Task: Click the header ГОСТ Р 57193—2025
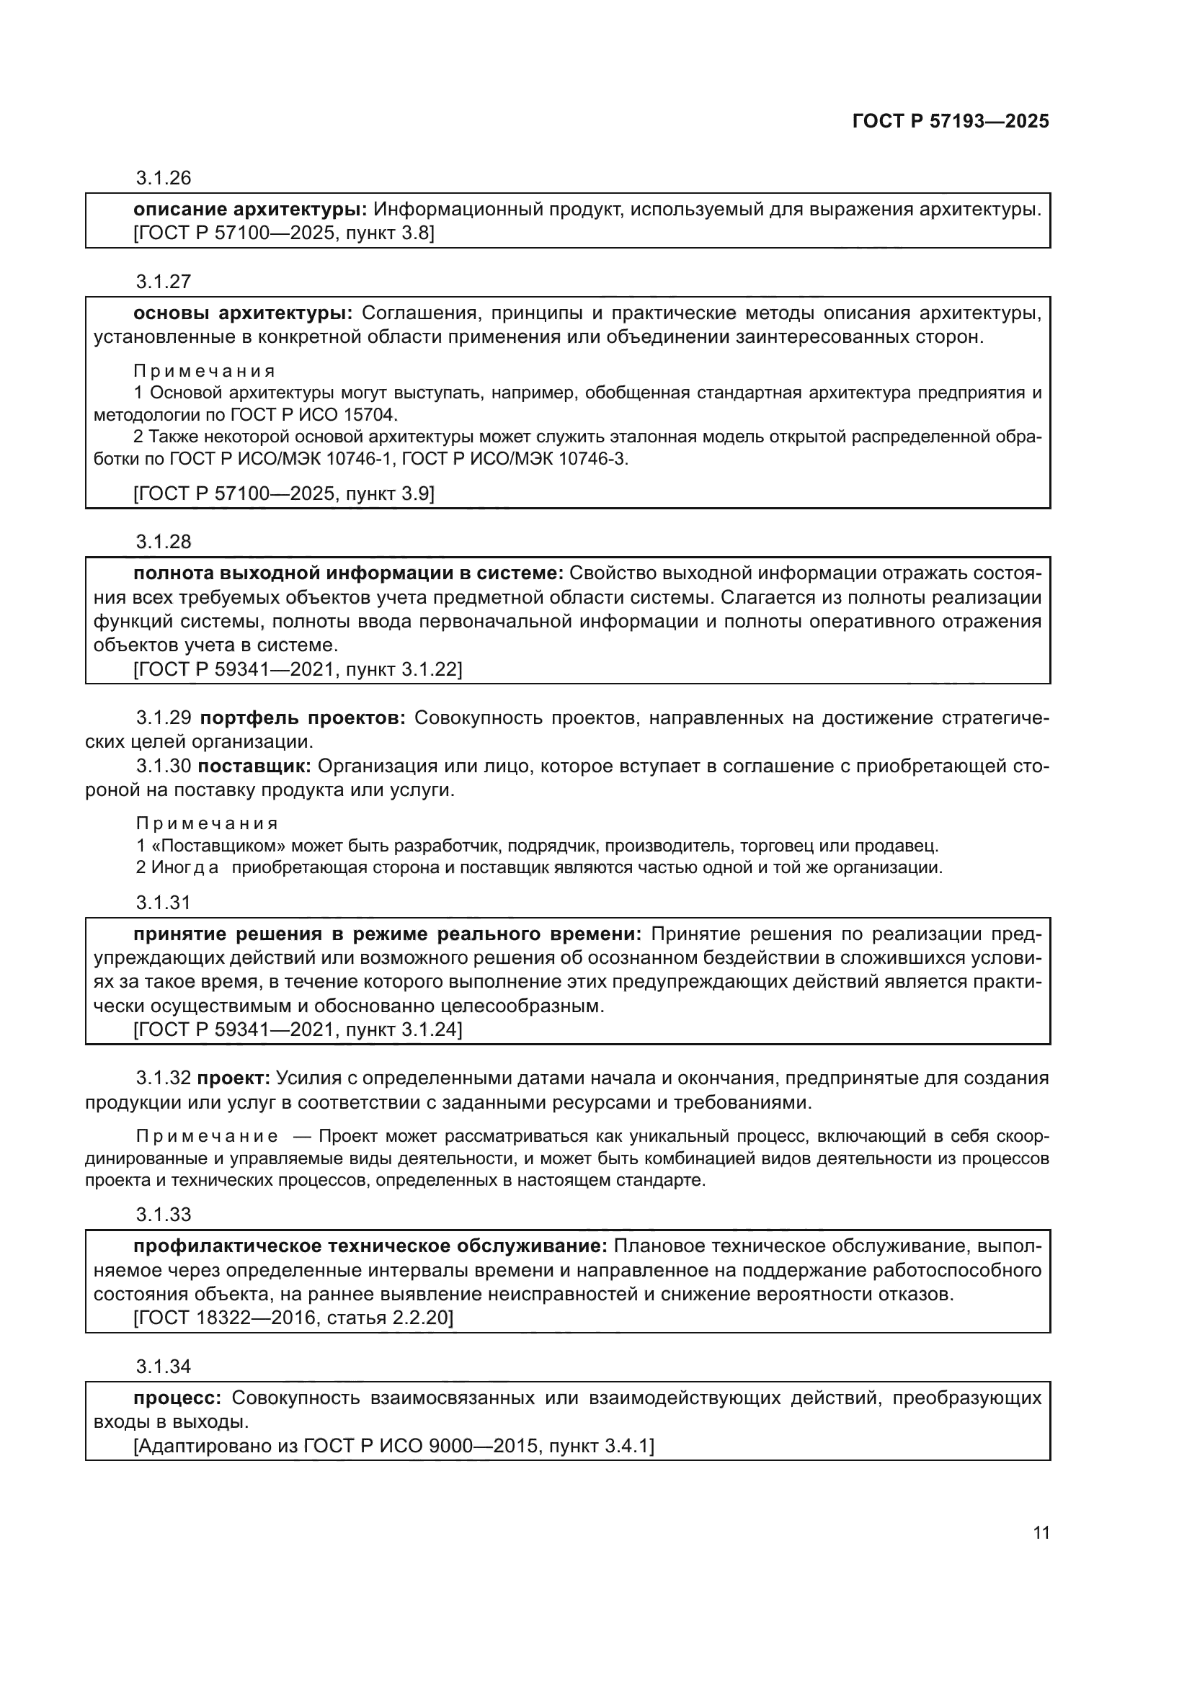[x=951, y=122]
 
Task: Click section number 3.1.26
[x=163, y=179]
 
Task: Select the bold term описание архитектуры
[x=249, y=210]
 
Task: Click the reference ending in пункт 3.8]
[x=283, y=234]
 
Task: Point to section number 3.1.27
[x=163, y=282]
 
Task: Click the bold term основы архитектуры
[x=242, y=313]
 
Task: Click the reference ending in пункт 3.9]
[x=283, y=494]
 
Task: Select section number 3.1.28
[x=163, y=542]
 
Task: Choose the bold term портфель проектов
[x=303, y=718]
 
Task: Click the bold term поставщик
[x=254, y=766]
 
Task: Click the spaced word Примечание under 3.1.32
[x=207, y=1137]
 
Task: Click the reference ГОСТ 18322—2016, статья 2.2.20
[x=293, y=1318]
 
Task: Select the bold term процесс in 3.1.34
[x=177, y=1398]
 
